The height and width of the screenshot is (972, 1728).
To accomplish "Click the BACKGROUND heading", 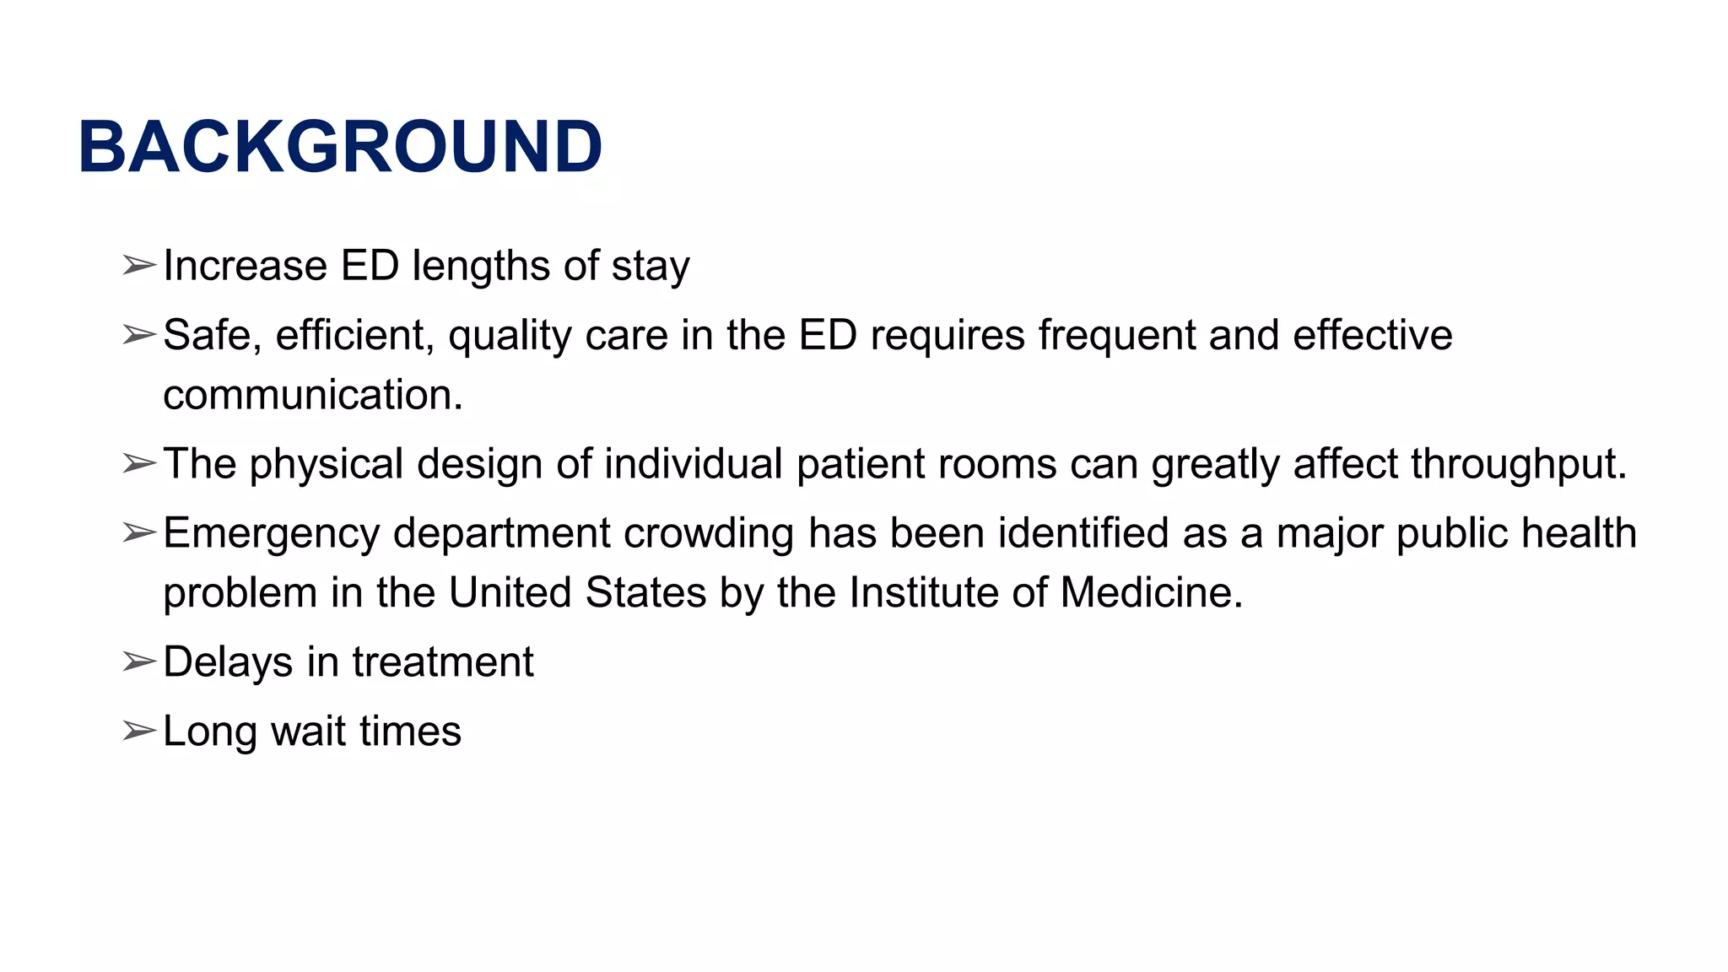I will tap(340, 147).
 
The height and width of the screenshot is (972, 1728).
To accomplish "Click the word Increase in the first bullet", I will tap(245, 266).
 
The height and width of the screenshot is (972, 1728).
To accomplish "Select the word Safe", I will tap(206, 335).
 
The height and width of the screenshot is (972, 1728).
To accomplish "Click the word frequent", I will tap(1116, 335).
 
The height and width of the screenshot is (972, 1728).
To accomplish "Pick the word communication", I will tap(312, 395).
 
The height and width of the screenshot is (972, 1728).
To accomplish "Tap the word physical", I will tap(326, 465).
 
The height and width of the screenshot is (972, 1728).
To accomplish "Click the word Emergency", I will tap(271, 534).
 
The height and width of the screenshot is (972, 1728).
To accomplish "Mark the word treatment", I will tap(443, 662).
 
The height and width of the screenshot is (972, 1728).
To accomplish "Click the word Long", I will tap(209, 732).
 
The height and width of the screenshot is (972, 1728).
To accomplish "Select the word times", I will tap(410, 731).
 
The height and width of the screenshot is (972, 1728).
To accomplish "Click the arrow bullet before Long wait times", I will tap(138, 731).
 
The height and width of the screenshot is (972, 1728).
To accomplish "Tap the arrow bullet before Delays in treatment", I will tap(138, 661).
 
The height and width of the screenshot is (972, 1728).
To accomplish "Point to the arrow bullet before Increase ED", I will tap(138, 266).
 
